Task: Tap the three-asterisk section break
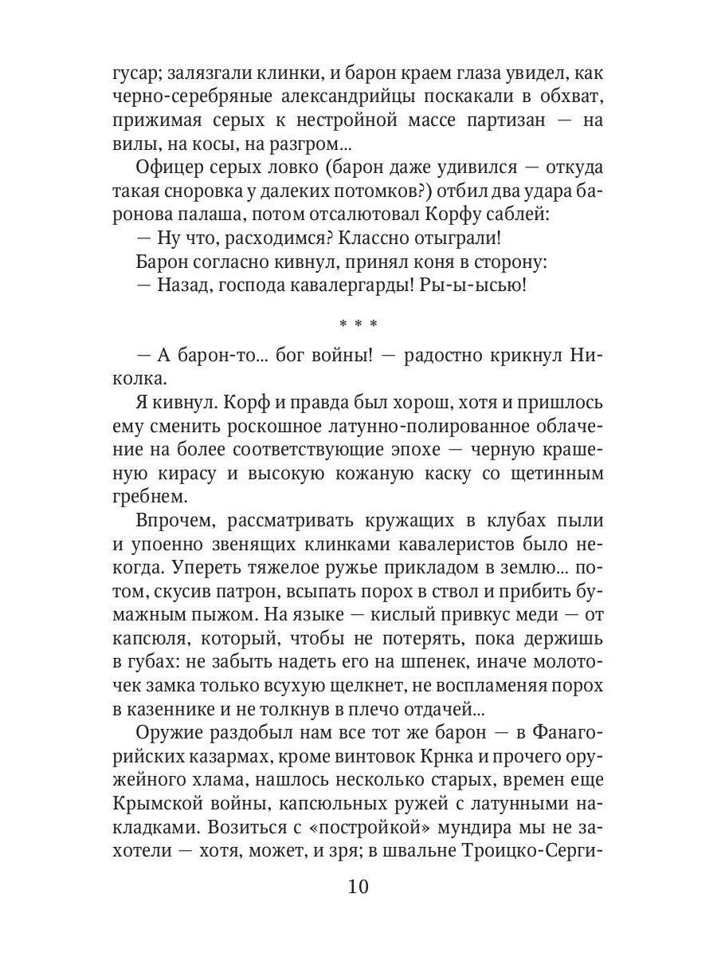click(358, 325)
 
